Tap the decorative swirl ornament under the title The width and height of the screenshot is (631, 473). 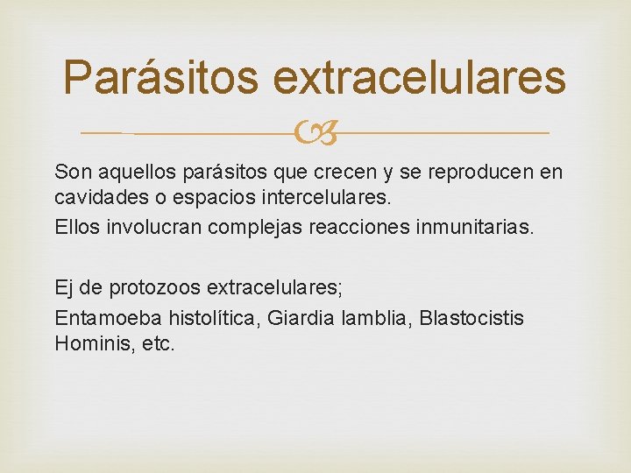(x=315, y=134)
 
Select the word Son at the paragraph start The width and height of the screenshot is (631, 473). (x=71, y=172)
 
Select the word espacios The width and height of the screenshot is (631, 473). (x=197, y=198)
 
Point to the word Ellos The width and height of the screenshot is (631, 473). (x=77, y=228)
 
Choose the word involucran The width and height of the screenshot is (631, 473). (x=156, y=228)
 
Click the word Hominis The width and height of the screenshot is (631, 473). (x=89, y=343)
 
